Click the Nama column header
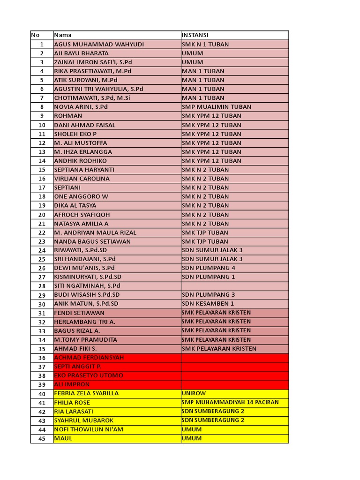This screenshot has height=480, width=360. pos(63,35)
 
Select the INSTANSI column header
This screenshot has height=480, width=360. pos(195,35)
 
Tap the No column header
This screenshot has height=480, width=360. pos(36,35)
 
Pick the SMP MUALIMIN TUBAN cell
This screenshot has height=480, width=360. pos(216,107)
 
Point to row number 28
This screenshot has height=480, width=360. pos(42,286)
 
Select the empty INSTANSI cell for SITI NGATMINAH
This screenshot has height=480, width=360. pos(234,286)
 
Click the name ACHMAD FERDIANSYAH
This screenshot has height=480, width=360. pos(89,358)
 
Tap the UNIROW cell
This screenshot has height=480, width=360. pos(194,394)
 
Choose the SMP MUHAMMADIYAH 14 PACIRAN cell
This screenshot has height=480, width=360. pos(230,403)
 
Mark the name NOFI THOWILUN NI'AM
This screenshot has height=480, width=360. pos(89,429)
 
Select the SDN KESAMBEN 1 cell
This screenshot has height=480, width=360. pos(208,304)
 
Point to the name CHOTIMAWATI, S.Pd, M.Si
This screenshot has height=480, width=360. pos(92,98)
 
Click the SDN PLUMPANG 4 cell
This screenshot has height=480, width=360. pos(209,268)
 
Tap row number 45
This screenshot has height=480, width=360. pos(42,439)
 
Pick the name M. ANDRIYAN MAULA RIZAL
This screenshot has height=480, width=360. pos(95,232)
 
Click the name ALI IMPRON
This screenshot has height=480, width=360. pos(72,384)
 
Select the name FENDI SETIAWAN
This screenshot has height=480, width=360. pos(79,313)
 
